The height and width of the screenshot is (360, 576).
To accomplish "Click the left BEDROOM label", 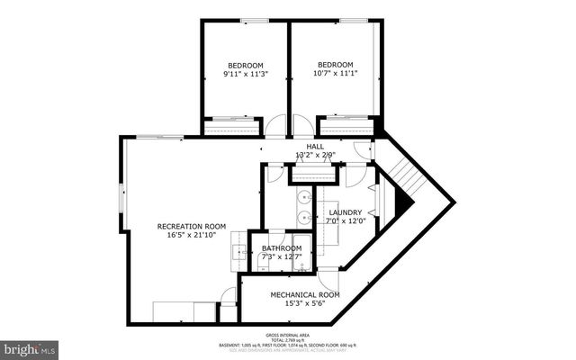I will [x=245, y=66].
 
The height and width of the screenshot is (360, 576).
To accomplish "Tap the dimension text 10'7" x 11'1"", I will [x=335, y=75].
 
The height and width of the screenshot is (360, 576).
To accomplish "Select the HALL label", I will [x=315, y=146].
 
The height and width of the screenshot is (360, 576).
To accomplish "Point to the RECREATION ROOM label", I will [x=192, y=226].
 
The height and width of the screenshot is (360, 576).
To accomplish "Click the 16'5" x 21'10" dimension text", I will [x=192, y=236].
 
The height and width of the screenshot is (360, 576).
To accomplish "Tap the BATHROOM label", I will [x=282, y=247].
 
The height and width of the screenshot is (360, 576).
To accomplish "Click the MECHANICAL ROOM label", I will [x=305, y=294].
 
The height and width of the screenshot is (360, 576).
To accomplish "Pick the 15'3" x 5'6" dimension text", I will [x=305, y=304].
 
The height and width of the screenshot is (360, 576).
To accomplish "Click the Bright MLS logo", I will [x=29, y=347].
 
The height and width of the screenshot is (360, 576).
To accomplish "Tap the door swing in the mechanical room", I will [x=328, y=278].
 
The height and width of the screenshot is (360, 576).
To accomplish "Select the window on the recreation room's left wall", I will [x=123, y=196].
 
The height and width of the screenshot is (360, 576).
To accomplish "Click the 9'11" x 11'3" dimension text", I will [x=245, y=76].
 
